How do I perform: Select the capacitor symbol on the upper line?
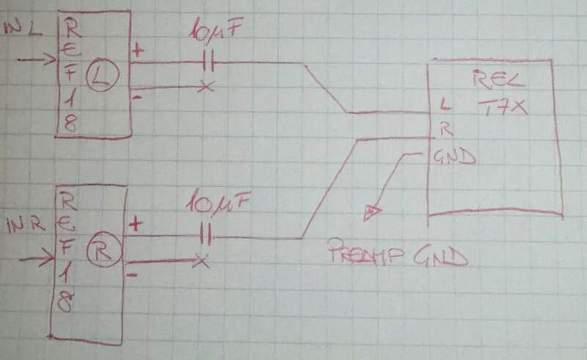[x=206, y=63]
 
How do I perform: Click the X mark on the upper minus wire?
[x=205, y=87]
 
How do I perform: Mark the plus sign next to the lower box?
[x=135, y=224]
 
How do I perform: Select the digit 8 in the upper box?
[x=69, y=125]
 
